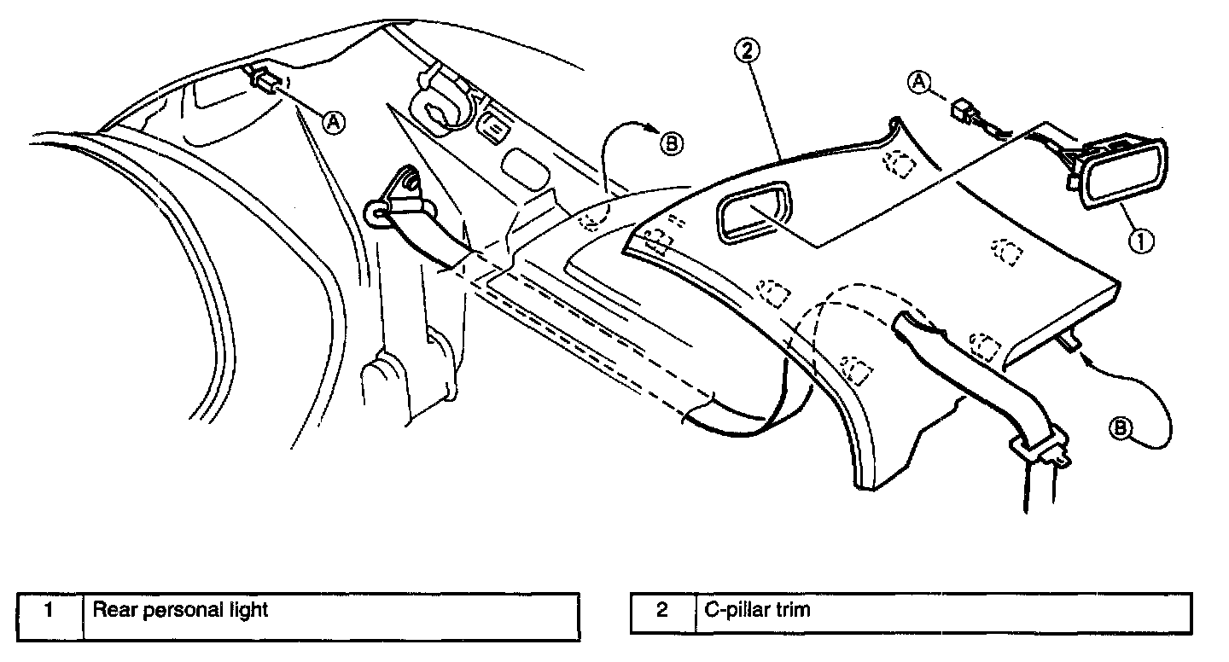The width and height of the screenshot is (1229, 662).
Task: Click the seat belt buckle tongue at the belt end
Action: (x=1040, y=445)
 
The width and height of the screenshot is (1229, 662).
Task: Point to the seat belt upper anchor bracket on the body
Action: (x=392, y=199)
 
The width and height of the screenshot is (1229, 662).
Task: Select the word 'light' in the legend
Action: (x=249, y=610)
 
